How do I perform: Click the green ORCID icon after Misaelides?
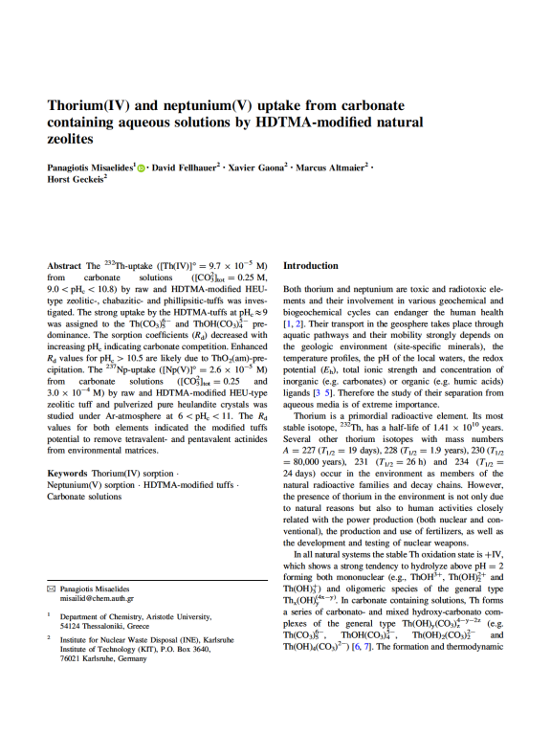[x=142, y=167]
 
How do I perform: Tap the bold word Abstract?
[x=64, y=265]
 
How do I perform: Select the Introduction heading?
[x=311, y=265]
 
